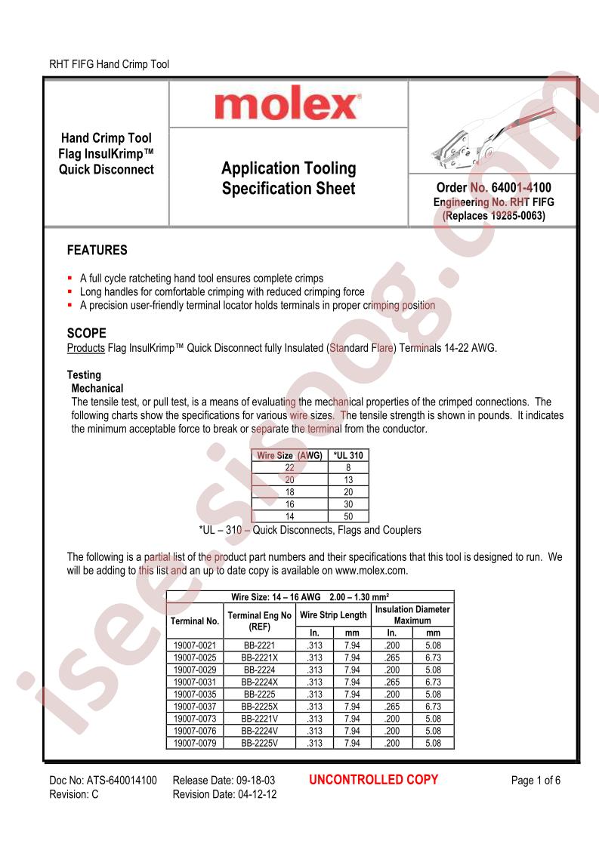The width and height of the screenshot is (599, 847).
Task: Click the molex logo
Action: click(287, 105)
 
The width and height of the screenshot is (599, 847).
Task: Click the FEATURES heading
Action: click(97, 250)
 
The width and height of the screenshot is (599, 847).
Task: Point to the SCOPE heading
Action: click(87, 333)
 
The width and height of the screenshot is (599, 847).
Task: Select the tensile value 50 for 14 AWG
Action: click(348, 516)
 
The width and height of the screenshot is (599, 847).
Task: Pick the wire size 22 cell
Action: click(290, 467)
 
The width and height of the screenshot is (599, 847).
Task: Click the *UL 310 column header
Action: click(348, 455)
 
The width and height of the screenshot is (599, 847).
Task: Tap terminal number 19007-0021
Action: click(195, 645)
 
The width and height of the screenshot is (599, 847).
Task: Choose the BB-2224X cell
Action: click(259, 682)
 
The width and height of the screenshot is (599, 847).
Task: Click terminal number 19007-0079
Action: click(195, 743)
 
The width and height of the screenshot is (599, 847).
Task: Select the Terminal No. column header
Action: click(195, 621)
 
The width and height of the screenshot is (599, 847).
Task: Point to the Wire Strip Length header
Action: click(333, 614)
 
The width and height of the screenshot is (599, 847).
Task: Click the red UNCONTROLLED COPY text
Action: click(374, 780)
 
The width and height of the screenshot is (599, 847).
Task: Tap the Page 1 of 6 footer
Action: click(536, 781)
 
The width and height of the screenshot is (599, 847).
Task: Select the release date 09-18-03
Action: click(254, 781)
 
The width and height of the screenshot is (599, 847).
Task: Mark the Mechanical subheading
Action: click(97, 388)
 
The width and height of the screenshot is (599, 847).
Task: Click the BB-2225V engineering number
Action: click(259, 743)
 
